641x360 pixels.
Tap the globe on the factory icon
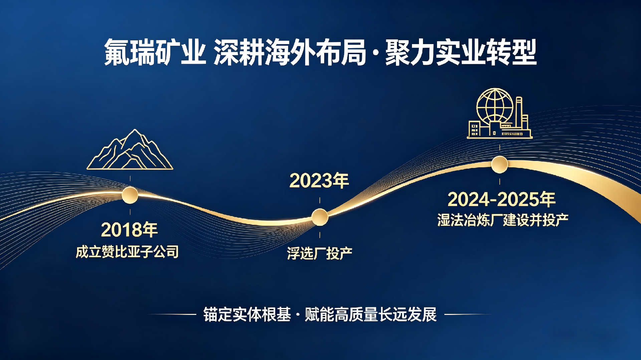[x=494, y=106]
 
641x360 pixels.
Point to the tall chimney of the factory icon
[x=519, y=114]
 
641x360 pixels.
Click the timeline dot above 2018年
[x=130, y=195]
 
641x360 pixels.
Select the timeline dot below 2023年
[x=320, y=217]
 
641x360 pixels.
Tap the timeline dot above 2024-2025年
[x=499, y=165]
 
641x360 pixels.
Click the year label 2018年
[x=130, y=230]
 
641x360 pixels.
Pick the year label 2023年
[x=319, y=181]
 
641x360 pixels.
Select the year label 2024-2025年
[x=501, y=199]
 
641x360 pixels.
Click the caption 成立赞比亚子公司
[x=127, y=252]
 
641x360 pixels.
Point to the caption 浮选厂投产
[x=319, y=253]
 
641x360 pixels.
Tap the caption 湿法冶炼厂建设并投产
[x=503, y=220]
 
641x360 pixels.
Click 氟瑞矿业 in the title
[x=155, y=52]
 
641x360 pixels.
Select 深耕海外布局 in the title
[x=290, y=52]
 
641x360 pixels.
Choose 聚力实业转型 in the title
[x=461, y=52]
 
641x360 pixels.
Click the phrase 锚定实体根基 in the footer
[x=247, y=315]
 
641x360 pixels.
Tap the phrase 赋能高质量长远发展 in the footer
[x=371, y=315]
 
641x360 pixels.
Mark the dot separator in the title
[x=376, y=53]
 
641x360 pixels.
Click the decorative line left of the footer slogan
[x=172, y=314]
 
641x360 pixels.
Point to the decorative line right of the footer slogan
[x=468, y=314]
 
